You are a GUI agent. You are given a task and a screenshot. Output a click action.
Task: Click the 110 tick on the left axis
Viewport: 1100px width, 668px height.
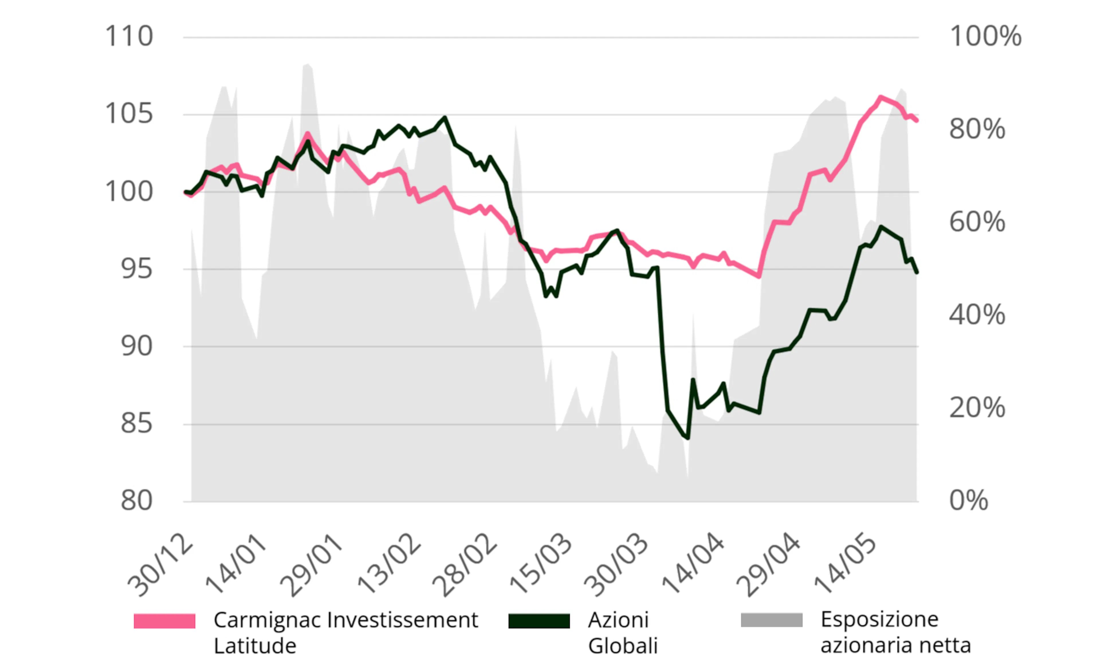129,37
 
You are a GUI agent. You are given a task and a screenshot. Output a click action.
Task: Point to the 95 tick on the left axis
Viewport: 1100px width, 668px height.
136,269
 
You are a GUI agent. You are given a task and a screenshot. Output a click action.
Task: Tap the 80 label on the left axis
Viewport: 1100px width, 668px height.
136,501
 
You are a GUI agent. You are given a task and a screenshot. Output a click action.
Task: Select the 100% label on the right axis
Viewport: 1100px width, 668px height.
985,37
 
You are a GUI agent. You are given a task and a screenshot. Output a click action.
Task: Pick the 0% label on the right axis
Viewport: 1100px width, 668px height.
968,501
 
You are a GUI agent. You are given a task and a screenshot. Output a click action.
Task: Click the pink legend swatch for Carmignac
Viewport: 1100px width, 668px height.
164,621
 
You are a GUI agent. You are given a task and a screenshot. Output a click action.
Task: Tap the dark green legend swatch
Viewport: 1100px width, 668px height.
539,621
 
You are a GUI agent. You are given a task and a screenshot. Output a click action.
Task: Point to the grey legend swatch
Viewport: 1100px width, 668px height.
771,620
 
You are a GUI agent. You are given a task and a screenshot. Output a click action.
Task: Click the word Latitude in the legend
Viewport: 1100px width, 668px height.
255,646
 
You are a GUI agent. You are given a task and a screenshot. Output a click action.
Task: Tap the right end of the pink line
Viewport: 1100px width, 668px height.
916,121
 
